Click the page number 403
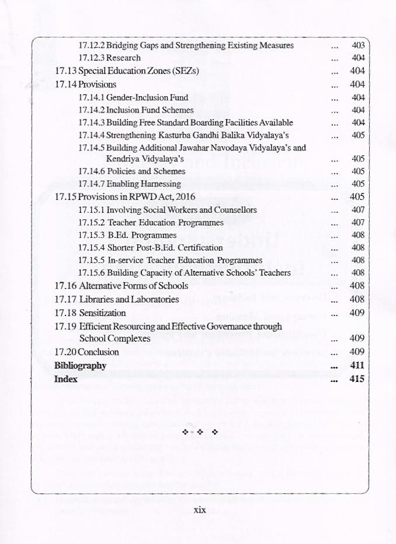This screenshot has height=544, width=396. click(358, 45)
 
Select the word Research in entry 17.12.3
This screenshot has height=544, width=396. click(123, 58)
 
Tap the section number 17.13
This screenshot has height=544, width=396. click(65, 71)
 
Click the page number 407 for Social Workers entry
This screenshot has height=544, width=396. click(358, 209)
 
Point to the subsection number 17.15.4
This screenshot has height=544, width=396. click(91, 247)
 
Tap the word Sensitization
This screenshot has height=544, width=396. click(102, 313)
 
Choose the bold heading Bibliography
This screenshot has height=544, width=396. click(80, 366)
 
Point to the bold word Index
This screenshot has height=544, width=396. click(66, 379)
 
